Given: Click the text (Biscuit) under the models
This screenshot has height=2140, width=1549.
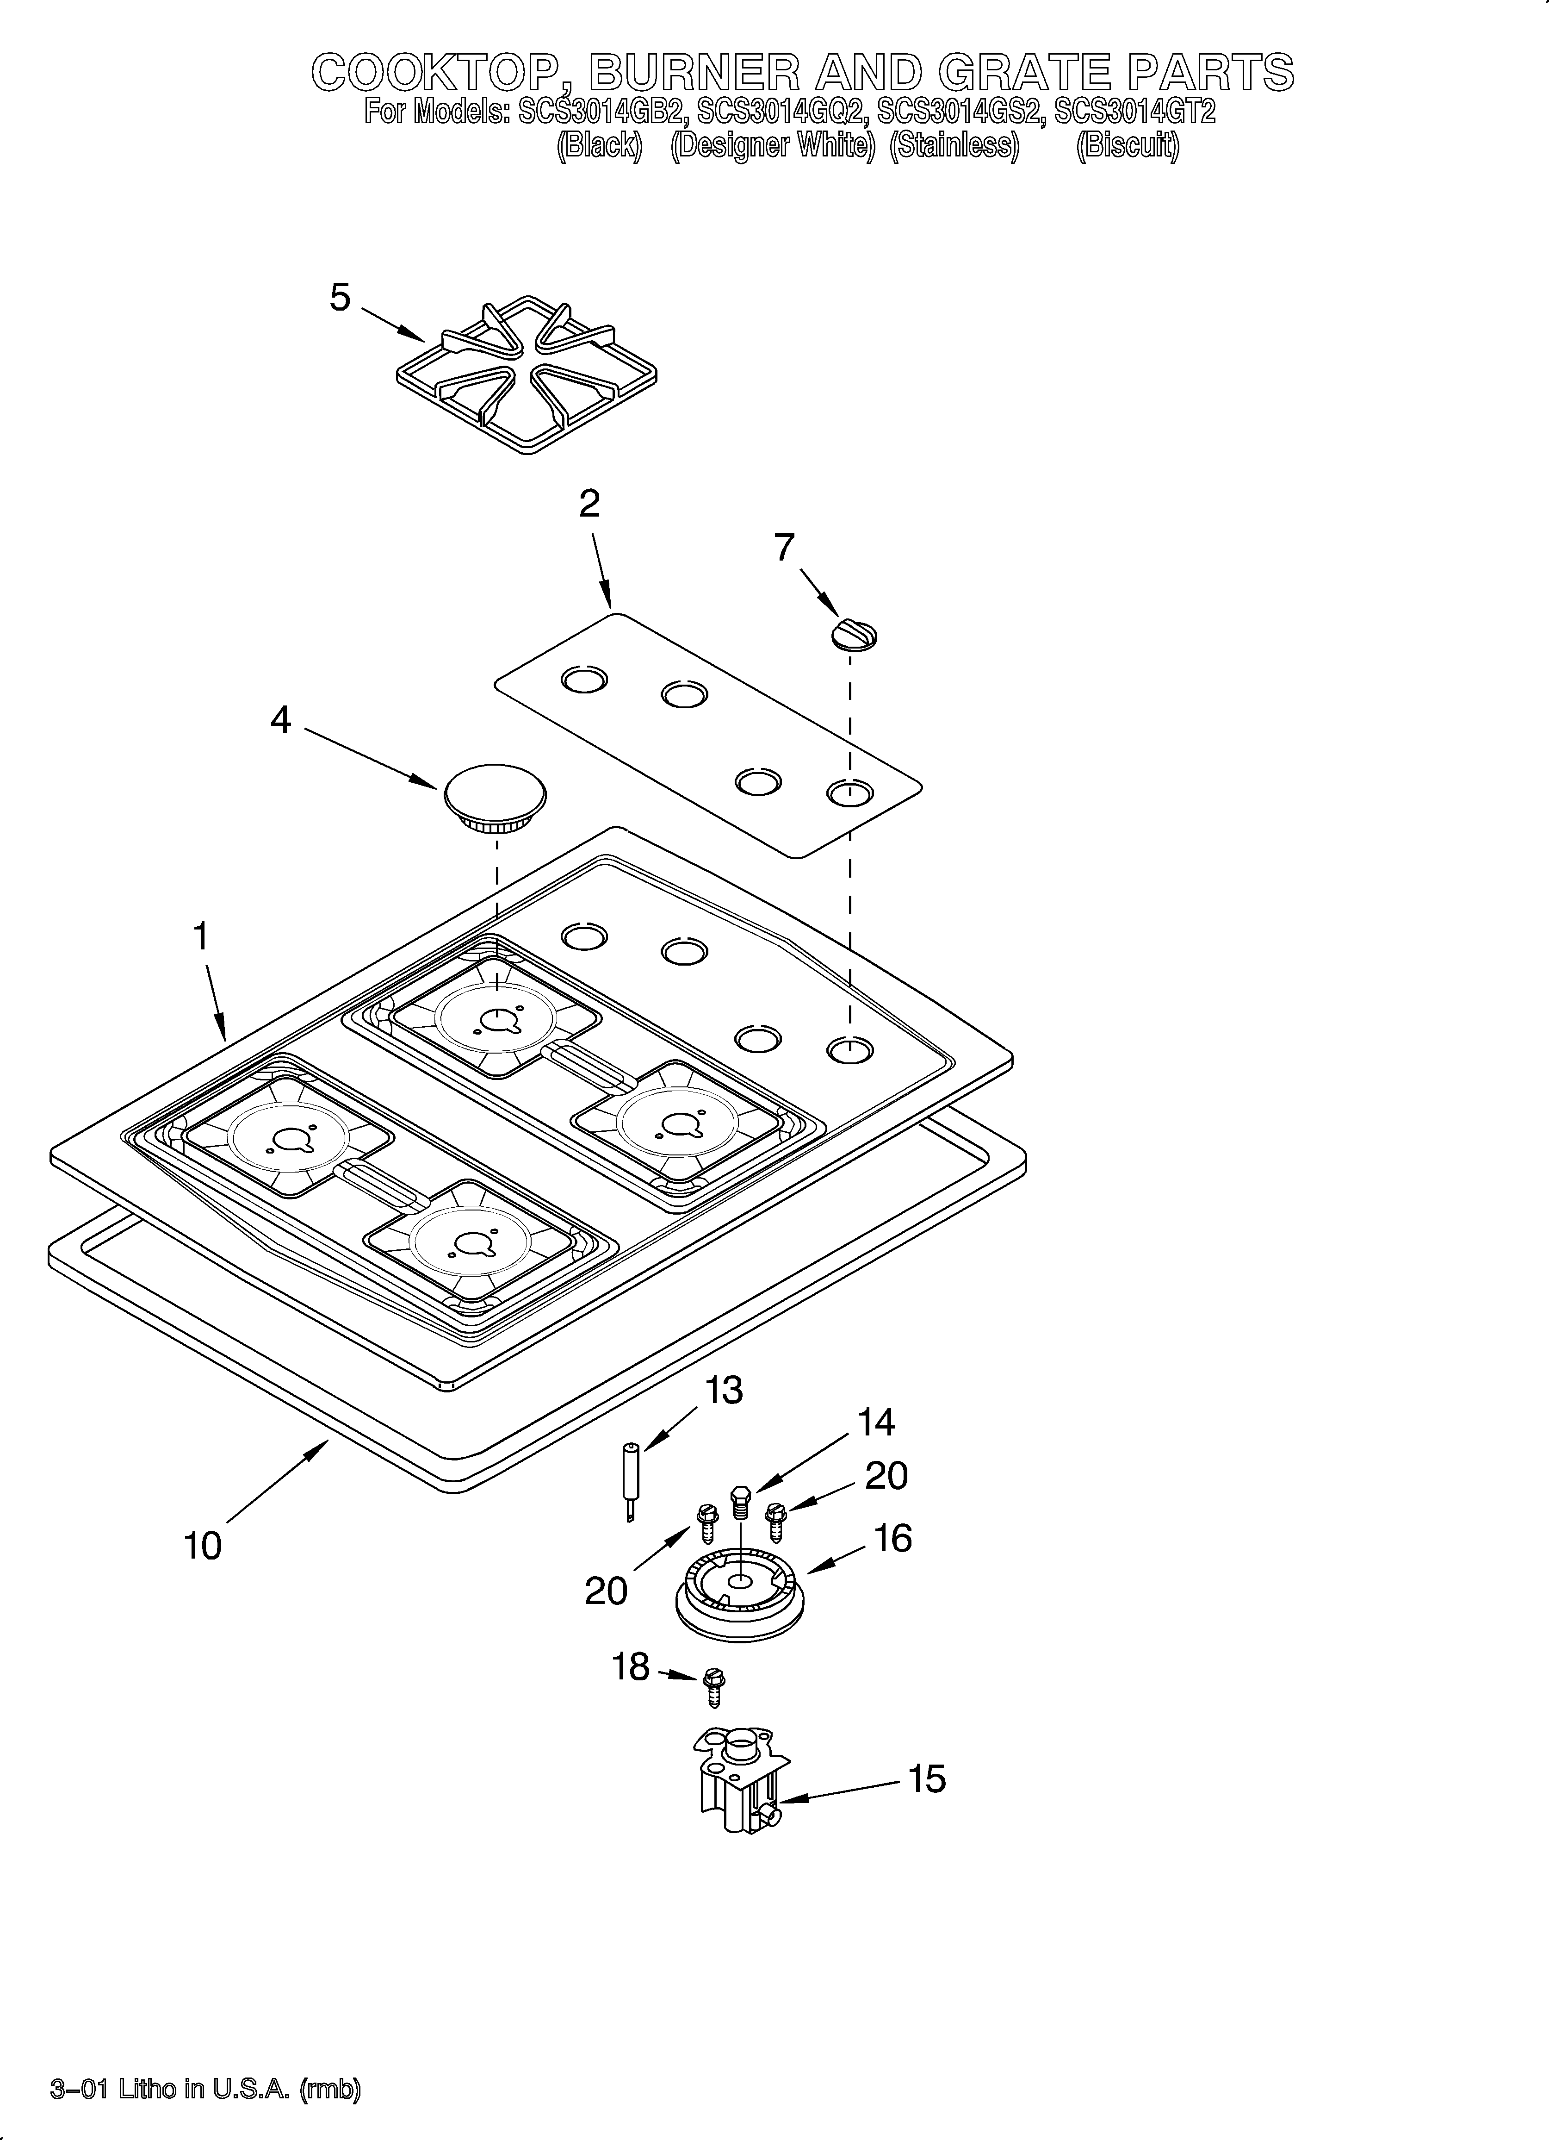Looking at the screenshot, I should [1128, 146].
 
